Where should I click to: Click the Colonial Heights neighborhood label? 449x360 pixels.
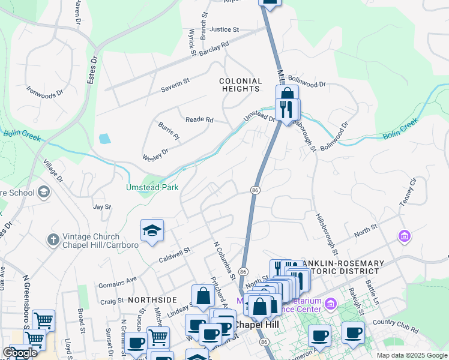(x=240, y=85)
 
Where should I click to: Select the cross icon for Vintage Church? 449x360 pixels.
(x=53, y=239)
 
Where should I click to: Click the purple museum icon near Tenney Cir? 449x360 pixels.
(x=405, y=236)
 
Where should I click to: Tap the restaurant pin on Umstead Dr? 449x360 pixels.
(x=287, y=110)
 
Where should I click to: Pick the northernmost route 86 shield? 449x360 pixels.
(x=255, y=190)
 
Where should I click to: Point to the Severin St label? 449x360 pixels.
(x=175, y=89)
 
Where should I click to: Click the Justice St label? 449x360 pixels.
(x=224, y=29)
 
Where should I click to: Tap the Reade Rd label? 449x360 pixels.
(x=199, y=120)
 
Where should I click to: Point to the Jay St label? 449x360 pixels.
(x=102, y=206)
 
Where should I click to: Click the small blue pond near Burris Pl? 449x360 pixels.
(x=104, y=139)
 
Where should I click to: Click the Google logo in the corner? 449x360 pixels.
(x=20, y=353)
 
